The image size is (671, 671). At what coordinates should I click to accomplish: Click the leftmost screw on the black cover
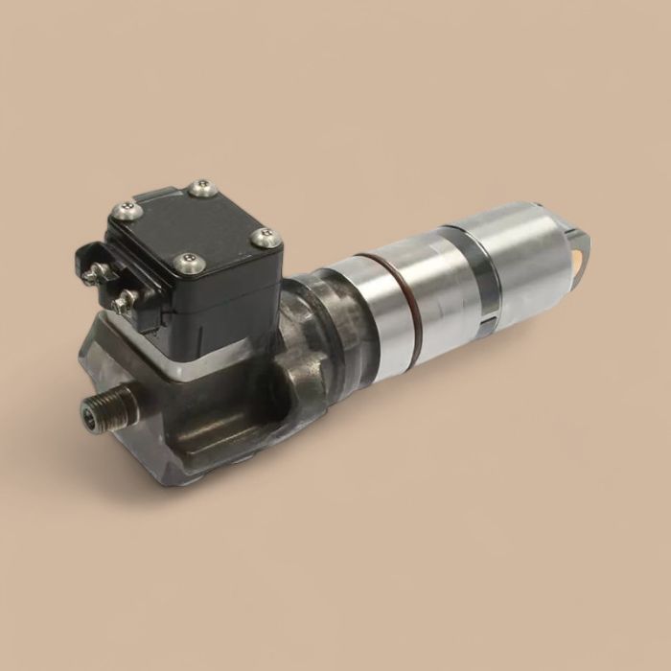click(123, 210)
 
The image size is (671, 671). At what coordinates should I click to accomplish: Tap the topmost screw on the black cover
click(199, 188)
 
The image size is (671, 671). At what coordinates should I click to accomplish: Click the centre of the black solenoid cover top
click(195, 224)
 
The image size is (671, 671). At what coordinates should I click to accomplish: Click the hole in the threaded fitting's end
click(92, 414)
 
